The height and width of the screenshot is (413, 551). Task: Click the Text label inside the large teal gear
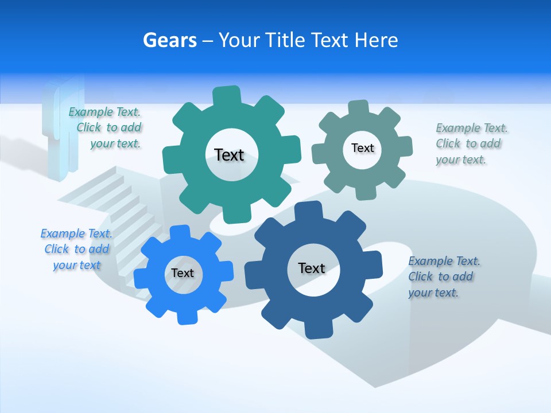(x=229, y=155)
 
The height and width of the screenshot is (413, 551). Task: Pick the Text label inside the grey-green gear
(x=362, y=148)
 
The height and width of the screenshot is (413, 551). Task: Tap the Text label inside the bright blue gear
(x=183, y=273)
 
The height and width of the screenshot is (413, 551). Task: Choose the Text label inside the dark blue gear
(x=312, y=268)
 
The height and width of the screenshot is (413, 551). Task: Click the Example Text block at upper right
(x=471, y=143)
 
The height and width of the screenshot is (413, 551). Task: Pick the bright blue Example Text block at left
(x=76, y=249)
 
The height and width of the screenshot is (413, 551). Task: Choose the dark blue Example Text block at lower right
(x=443, y=276)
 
